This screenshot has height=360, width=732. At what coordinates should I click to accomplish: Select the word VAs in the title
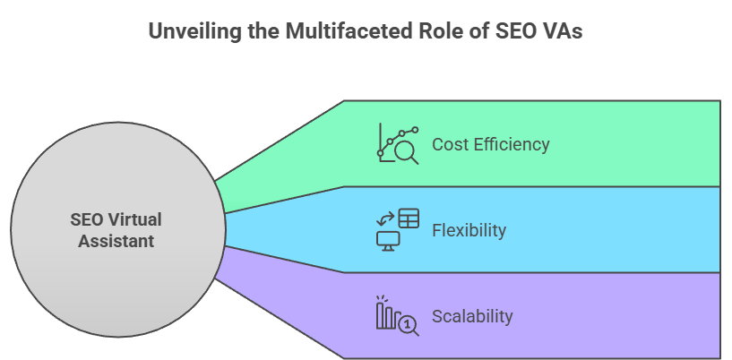(562, 30)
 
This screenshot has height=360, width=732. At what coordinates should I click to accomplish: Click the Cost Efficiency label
(490, 144)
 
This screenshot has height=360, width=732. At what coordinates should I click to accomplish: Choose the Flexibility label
(469, 230)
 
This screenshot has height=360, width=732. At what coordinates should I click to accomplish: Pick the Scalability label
(472, 316)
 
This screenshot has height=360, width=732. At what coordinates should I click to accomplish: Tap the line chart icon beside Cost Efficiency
(397, 143)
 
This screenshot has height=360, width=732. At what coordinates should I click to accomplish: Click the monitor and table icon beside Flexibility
(397, 229)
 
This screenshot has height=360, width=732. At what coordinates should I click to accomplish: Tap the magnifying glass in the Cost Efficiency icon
(407, 153)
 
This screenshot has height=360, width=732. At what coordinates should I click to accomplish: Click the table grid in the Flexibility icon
(409, 218)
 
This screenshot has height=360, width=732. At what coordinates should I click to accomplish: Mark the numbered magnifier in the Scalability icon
(408, 324)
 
